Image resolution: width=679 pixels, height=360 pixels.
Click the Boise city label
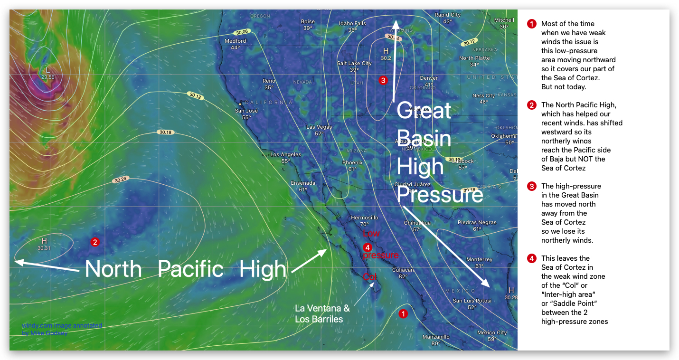click(x=308, y=22)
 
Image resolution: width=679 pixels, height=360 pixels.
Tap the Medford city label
click(x=235, y=41)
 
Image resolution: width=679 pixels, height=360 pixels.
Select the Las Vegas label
click(x=319, y=127)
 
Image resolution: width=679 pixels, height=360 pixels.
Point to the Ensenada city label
click(x=303, y=183)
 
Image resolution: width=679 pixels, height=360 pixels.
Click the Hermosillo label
click(x=364, y=218)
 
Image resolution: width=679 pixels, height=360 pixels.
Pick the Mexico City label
click(x=492, y=333)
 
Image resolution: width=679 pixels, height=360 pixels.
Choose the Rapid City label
click(x=447, y=15)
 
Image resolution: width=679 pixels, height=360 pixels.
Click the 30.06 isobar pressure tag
click(x=242, y=32)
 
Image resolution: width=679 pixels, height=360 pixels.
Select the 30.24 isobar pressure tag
click(x=121, y=180)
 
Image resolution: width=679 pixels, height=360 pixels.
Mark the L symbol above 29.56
click(x=47, y=70)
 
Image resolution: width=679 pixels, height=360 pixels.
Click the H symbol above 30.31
click(x=44, y=241)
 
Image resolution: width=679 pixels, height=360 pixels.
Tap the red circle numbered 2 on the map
click(x=95, y=242)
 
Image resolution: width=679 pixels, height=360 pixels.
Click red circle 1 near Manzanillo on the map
click(x=403, y=313)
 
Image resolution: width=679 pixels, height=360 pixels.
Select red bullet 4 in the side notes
click(x=532, y=258)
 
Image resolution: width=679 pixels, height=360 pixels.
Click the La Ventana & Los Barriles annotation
click(x=322, y=313)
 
